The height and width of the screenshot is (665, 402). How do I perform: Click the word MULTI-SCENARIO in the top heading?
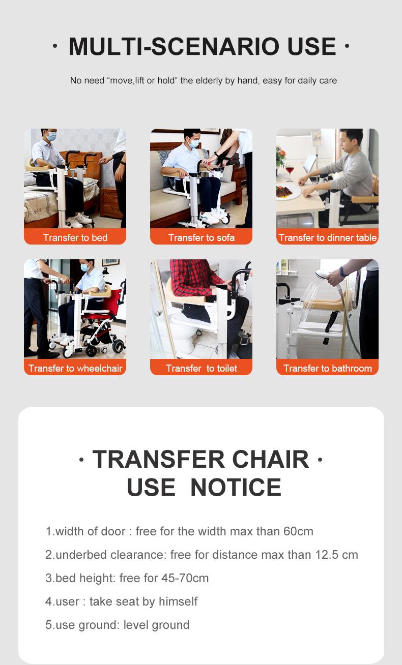(x=174, y=47)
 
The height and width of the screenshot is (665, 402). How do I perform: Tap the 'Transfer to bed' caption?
(x=75, y=237)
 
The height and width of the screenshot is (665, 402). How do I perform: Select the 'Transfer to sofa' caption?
(x=202, y=237)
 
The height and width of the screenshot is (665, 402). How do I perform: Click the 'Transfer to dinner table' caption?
(x=327, y=237)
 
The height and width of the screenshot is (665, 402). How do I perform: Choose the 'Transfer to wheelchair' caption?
(x=75, y=368)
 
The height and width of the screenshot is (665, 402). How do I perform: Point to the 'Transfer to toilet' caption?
(x=202, y=368)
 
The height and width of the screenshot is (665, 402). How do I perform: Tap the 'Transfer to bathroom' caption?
(x=327, y=368)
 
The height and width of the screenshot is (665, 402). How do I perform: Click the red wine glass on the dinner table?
(x=289, y=173)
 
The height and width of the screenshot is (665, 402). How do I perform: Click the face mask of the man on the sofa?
(x=194, y=143)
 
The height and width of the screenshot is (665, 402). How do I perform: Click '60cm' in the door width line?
(x=298, y=531)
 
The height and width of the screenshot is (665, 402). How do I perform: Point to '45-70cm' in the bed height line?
(x=185, y=578)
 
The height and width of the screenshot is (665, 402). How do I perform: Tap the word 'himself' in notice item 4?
(x=178, y=601)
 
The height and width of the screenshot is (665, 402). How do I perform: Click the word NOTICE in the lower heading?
(x=236, y=488)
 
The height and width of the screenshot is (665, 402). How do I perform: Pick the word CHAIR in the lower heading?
(x=271, y=459)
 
